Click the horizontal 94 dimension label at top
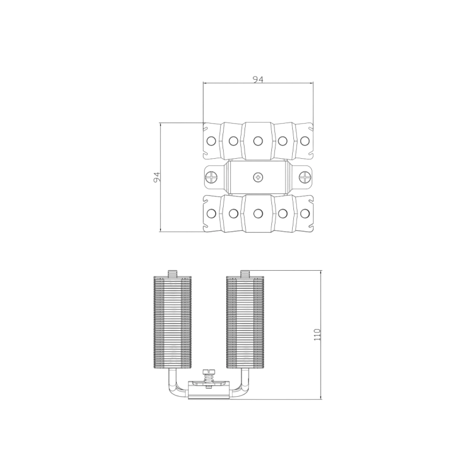pyautogui.click(x=258, y=79)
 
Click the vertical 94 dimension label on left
pyautogui.click(x=156, y=177)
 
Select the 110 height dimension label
pyautogui.click(x=317, y=334)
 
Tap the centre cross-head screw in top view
pyautogui.click(x=258, y=177)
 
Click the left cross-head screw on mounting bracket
pyautogui.click(x=211, y=177)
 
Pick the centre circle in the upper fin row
pyautogui.click(x=258, y=140)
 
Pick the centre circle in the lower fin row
pyautogui.click(x=258, y=214)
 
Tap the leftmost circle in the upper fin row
pyautogui.click(x=211, y=140)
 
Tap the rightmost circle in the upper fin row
pyautogui.click(x=305, y=140)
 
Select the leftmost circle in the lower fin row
pyautogui.click(x=211, y=214)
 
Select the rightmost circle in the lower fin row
pyautogui.click(x=305, y=214)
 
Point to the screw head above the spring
pyautogui.click(x=208, y=371)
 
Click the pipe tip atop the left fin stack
pyautogui.click(x=173, y=274)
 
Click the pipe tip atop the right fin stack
pyautogui.click(x=245, y=274)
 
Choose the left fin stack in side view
pyautogui.click(x=173, y=322)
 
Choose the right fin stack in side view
pyautogui.click(x=245, y=322)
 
